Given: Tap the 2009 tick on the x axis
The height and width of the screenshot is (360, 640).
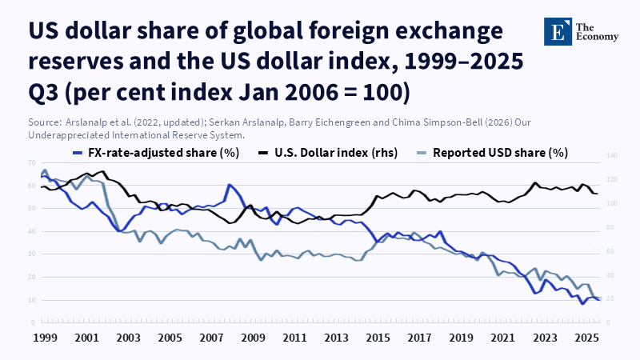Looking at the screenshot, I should (253, 338).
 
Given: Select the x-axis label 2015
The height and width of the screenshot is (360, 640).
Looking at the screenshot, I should (378, 338).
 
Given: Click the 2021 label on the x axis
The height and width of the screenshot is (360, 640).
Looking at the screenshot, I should (502, 338).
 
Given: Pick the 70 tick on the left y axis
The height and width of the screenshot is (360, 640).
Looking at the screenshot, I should (32, 162).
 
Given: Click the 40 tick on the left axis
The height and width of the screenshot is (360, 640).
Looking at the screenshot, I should (32, 231).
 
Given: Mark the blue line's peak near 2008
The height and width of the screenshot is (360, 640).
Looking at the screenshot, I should (230, 185).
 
